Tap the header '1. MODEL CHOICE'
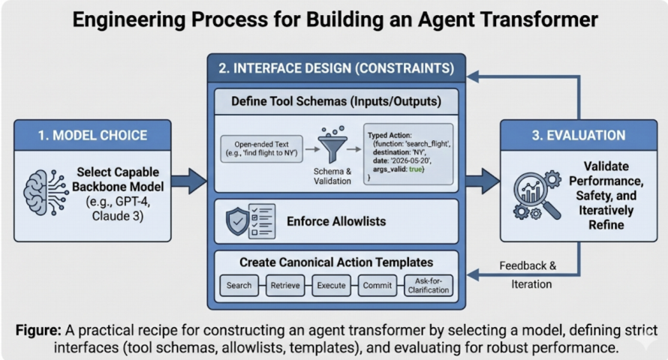pyautogui.click(x=93, y=136)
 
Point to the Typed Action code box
pyautogui.click(x=408, y=152)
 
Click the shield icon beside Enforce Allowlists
pyautogui.click(x=239, y=221)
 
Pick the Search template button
pyautogui.click(x=239, y=286)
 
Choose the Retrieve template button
pyautogui.click(x=285, y=286)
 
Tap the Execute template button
pyautogui.click(x=331, y=286)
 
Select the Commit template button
pyautogui.click(x=377, y=286)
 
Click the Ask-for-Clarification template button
pyautogui.click(x=429, y=286)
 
